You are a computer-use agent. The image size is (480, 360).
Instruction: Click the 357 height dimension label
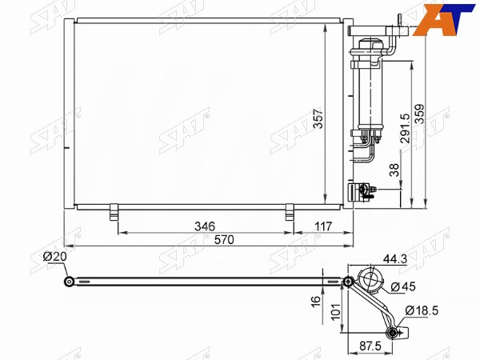[318, 118]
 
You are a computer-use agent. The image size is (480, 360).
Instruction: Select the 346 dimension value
[205, 226]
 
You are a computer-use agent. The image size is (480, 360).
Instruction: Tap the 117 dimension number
[323, 226]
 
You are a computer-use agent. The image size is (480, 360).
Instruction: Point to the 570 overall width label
[224, 240]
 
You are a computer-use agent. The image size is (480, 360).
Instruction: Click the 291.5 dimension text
[405, 128]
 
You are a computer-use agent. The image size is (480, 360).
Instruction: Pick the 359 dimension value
[419, 114]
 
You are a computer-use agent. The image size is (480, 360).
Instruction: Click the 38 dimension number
[394, 170]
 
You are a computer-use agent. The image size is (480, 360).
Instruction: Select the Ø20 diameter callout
[54, 257]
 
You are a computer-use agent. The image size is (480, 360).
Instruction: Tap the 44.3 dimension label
[395, 259]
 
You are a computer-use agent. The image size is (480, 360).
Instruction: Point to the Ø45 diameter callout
[403, 286]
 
